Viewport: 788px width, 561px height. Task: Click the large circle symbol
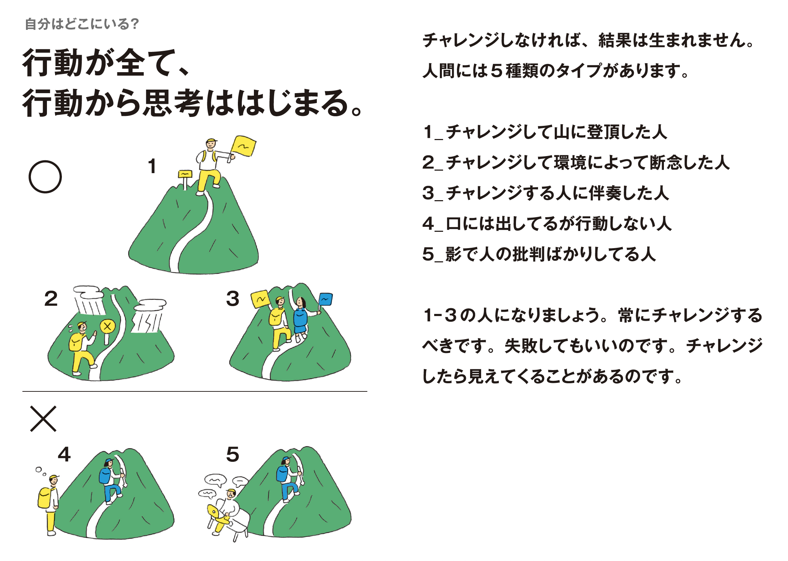[45, 177]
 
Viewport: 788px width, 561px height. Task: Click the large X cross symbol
[43, 419]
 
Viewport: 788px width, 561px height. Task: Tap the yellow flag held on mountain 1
[244, 146]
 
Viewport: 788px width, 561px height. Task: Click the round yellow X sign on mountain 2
[107, 326]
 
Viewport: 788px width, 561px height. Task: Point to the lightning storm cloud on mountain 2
[149, 316]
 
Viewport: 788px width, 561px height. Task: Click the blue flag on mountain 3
[325, 299]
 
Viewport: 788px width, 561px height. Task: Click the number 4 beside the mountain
[64, 454]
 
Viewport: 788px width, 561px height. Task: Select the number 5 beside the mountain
[233, 454]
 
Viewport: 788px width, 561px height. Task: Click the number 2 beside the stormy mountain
[51, 299]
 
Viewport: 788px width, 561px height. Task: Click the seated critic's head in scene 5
[231, 493]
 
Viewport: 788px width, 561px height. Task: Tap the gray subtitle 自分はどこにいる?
[82, 24]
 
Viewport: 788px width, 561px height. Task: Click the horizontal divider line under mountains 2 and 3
[195, 391]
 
